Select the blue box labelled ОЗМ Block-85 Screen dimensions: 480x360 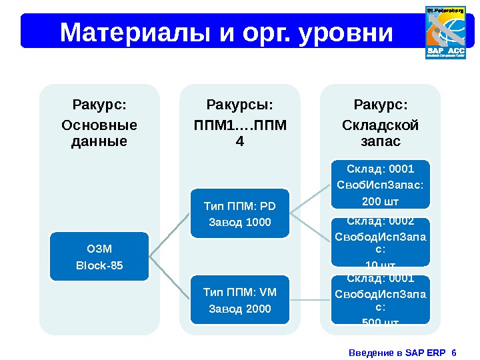100,256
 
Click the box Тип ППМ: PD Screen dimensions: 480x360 240,213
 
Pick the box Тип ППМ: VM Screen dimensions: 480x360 240,299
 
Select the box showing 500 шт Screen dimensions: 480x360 381,301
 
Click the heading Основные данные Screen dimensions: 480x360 99,133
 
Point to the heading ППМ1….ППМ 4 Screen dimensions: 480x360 240,133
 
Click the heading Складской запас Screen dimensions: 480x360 380,133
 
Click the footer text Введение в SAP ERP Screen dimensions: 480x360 398,352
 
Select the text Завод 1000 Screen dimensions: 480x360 240,222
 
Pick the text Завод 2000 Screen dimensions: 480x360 240,309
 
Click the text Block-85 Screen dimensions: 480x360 100,265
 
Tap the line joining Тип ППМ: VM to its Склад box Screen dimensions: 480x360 311,299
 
